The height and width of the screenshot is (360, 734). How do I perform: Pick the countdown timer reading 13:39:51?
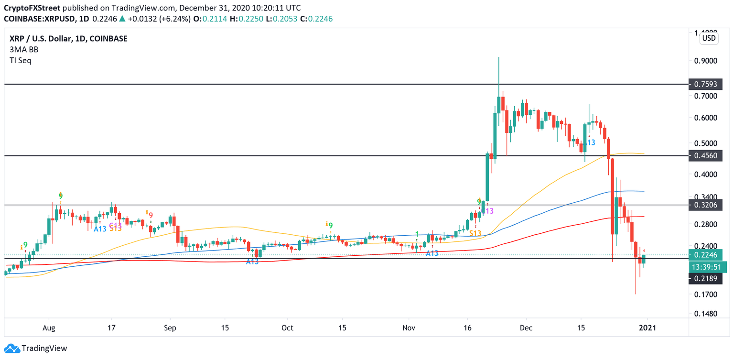[x=709, y=267]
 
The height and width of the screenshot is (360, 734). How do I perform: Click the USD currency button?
[x=708, y=38]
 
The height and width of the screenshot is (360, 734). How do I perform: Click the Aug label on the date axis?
[x=49, y=328]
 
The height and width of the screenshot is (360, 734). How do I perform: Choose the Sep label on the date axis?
[x=170, y=328]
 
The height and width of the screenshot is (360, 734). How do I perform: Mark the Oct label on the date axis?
[x=287, y=328]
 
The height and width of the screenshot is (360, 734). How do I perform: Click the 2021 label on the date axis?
[x=648, y=328]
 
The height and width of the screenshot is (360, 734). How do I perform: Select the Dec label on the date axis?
[x=526, y=328]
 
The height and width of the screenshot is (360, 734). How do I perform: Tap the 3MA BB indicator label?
[x=24, y=50]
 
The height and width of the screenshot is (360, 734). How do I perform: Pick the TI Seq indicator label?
[x=21, y=61]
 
